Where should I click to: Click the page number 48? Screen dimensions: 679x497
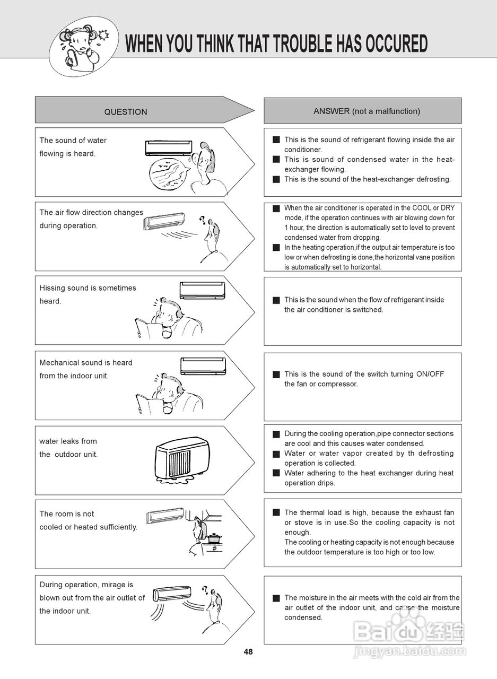click(x=248, y=652)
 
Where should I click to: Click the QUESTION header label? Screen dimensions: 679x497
click(x=126, y=112)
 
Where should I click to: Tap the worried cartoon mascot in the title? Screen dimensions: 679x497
click(x=80, y=46)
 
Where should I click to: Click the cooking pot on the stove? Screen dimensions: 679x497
click(x=214, y=538)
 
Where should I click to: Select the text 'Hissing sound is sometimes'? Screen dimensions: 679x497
click(x=88, y=288)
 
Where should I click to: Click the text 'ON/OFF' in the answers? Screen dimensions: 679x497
click(x=430, y=374)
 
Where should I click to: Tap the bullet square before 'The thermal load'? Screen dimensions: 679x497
click(x=276, y=512)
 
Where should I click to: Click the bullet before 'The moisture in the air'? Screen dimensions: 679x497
click(x=276, y=598)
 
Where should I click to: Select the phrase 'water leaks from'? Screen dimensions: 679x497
click(x=68, y=441)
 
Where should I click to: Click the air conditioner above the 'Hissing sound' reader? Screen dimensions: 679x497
click(x=202, y=290)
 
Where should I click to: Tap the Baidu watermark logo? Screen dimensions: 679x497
click(x=408, y=631)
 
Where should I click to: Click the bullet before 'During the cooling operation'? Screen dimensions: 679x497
click(x=276, y=434)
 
